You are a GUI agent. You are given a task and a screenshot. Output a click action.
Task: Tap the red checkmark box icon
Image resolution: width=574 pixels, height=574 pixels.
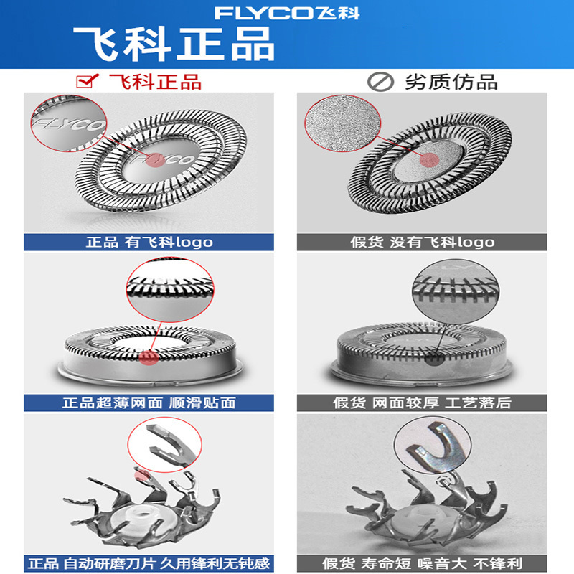[87, 80]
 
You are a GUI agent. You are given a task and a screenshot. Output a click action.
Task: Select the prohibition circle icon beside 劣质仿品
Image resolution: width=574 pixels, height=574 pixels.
[377, 82]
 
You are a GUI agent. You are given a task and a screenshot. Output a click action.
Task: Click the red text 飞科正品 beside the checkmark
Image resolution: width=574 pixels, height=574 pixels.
[154, 80]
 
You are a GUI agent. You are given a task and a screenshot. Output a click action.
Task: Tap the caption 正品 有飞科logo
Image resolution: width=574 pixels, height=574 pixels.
[149, 242]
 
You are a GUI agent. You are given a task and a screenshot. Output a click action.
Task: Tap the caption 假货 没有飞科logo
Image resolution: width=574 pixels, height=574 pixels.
[423, 242]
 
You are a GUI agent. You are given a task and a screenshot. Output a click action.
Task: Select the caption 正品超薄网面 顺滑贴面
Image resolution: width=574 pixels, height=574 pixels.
[149, 403]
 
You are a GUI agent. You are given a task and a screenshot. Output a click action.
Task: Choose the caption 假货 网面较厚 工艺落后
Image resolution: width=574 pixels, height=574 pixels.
[423, 403]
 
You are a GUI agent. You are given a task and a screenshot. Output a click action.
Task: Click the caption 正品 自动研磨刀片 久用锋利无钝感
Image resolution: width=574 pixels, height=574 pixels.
[149, 563]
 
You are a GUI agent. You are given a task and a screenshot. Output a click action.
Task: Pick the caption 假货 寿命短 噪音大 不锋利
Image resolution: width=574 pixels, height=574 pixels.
[423, 563]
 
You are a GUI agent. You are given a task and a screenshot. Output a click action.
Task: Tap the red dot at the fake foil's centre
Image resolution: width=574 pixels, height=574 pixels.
[429, 162]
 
